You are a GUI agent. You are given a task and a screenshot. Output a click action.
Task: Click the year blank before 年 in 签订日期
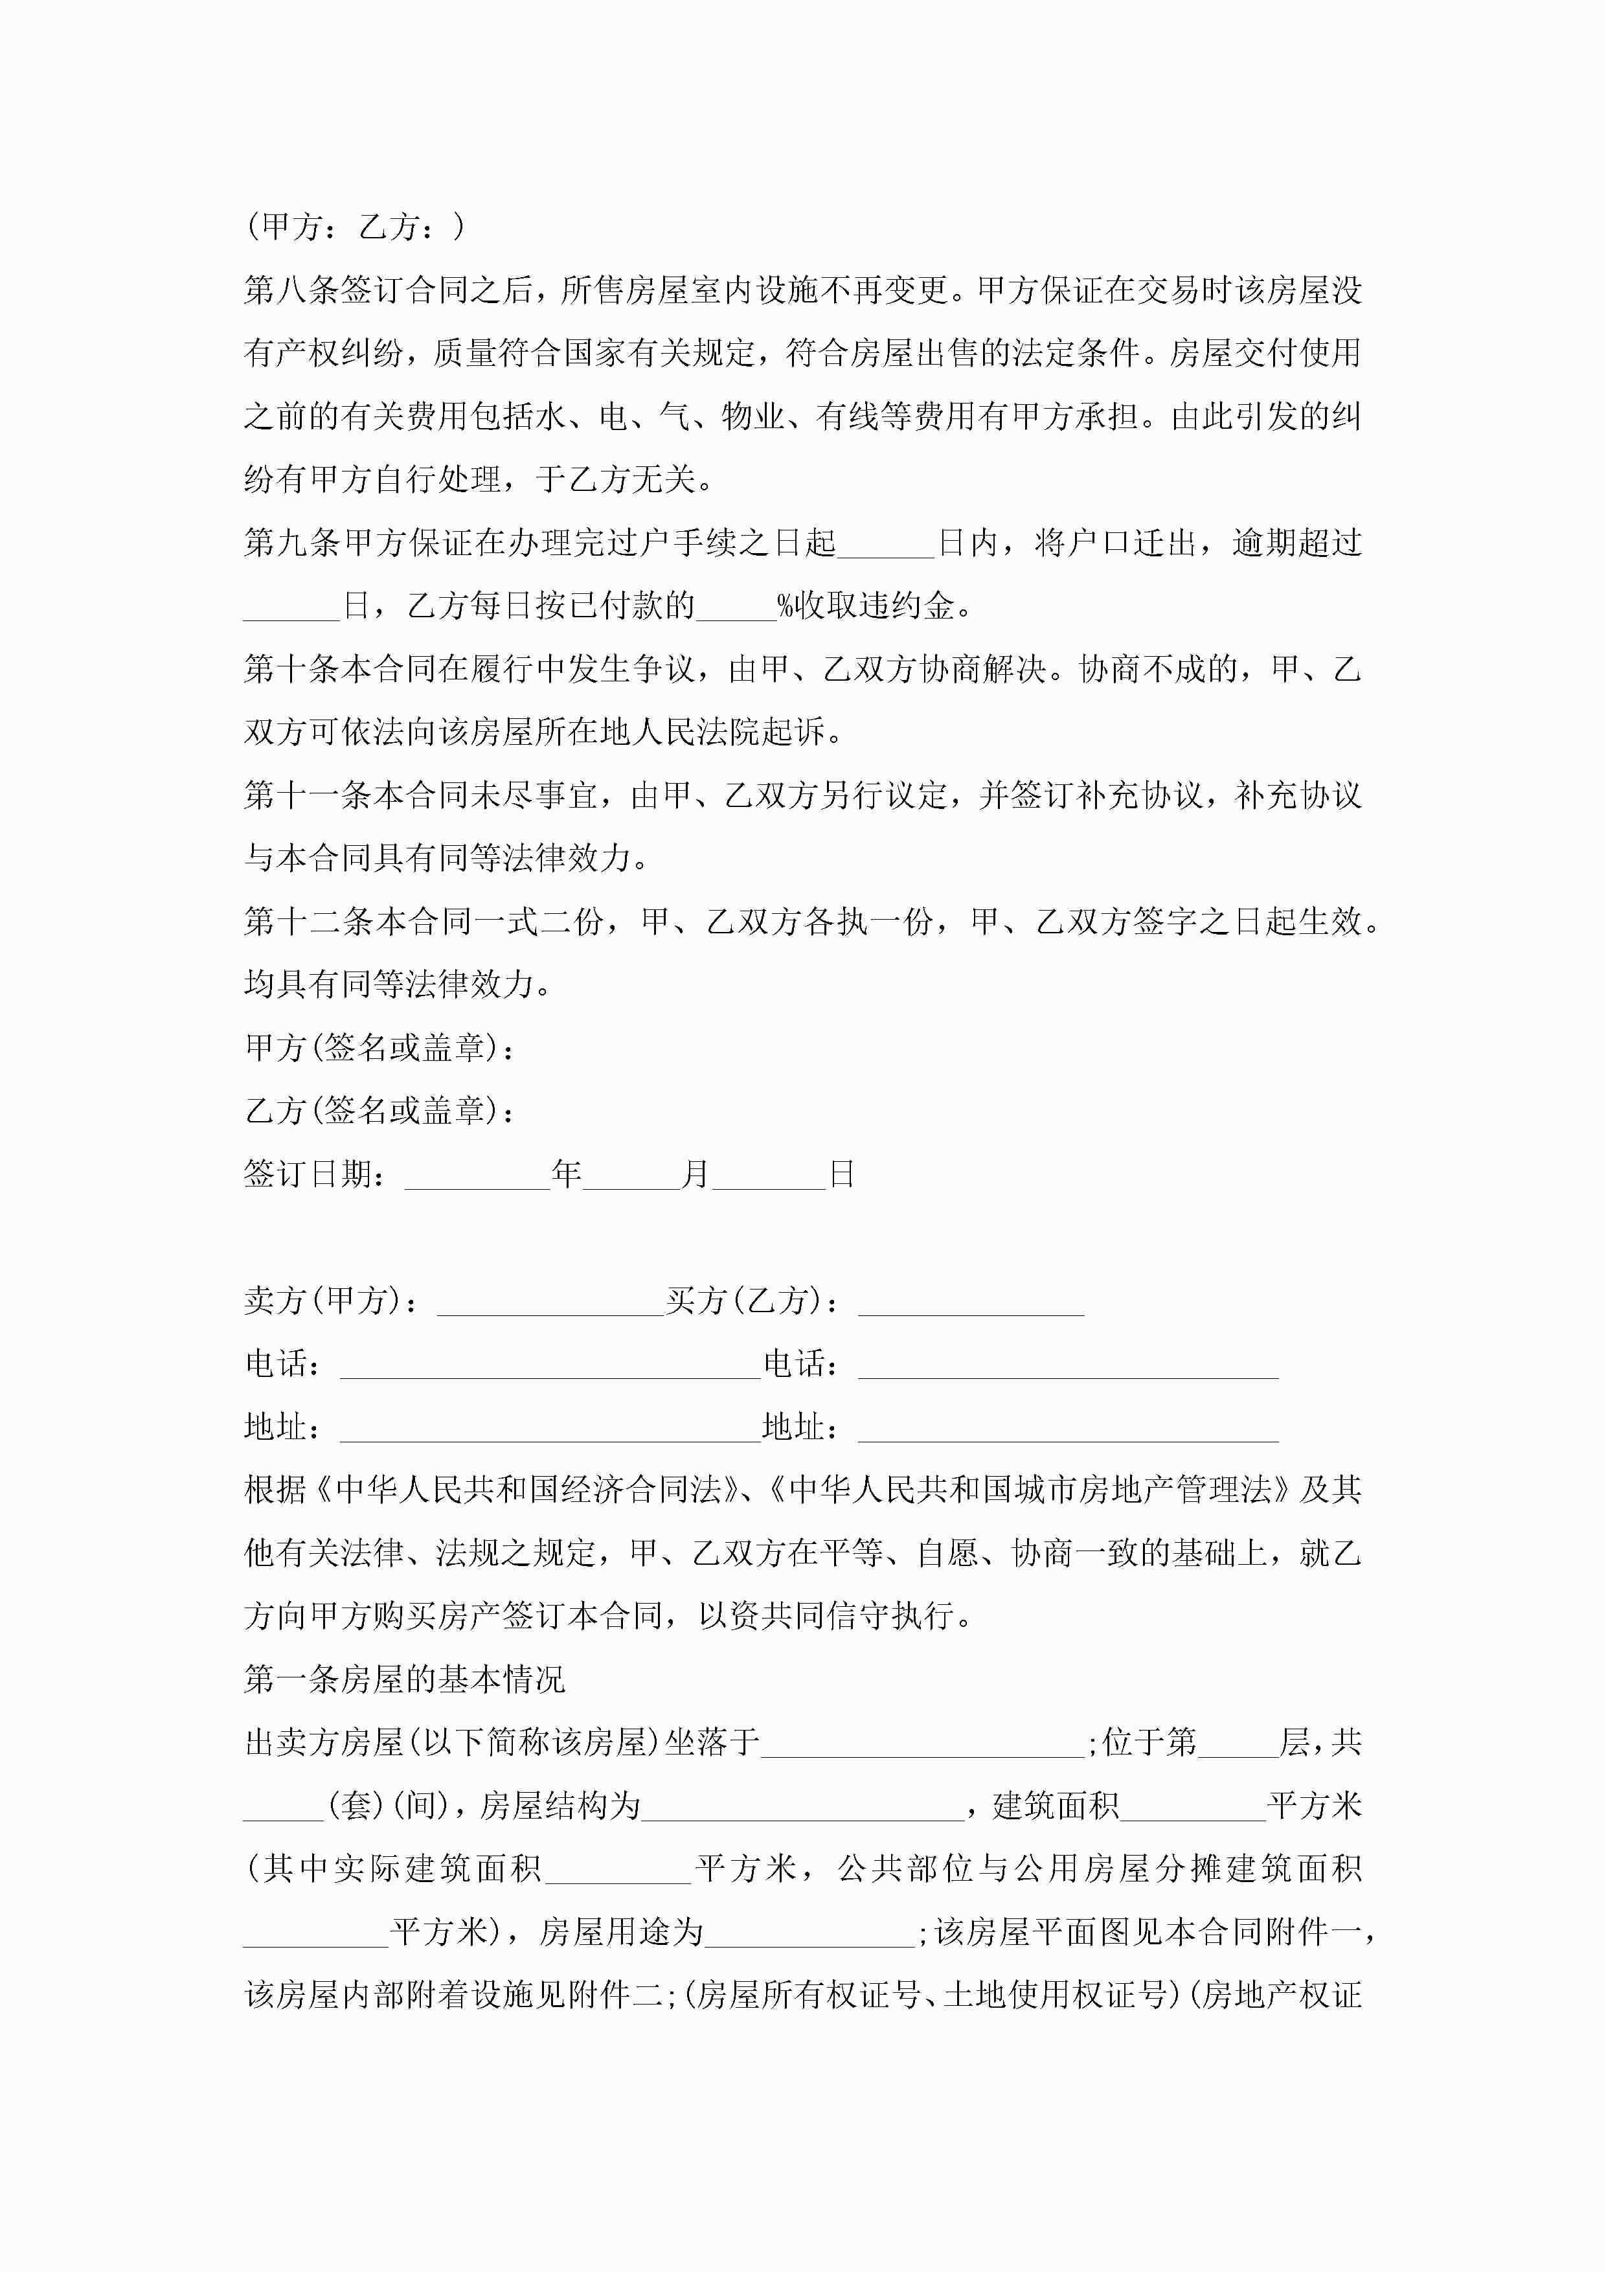pos(477,1175)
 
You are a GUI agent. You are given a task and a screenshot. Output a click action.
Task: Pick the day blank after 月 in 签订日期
pos(769,1175)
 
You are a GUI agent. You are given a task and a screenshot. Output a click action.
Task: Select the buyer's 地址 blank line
pos(1068,1428)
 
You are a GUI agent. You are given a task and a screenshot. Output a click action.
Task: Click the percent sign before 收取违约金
pos(786,606)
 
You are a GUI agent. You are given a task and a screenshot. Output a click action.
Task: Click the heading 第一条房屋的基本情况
pos(403,1679)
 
